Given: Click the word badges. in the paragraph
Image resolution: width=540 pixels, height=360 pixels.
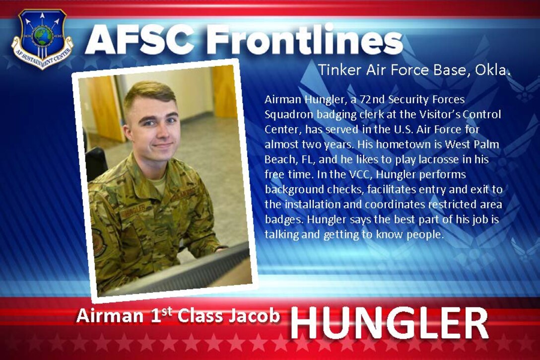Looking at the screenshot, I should tap(282, 219).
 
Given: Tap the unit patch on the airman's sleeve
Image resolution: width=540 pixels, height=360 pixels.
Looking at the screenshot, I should tap(99, 242).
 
